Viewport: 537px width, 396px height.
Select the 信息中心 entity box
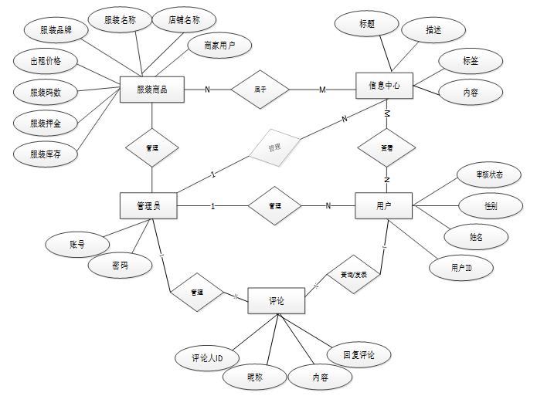[384, 86]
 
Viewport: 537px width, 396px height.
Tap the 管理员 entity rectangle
[150, 205]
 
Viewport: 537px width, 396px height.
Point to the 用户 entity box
[384, 206]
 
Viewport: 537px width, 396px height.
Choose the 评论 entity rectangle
[276, 301]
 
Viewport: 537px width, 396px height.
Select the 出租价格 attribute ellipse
[46, 61]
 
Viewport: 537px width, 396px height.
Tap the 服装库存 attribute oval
[46, 154]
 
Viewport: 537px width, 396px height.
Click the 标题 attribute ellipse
[367, 24]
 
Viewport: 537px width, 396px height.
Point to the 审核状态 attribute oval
[489, 175]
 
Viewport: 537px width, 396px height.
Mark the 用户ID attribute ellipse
[461, 267]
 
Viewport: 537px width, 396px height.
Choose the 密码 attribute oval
[120, 266]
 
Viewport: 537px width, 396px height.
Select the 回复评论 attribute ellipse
[359, 355]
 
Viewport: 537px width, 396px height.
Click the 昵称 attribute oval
[254, 377]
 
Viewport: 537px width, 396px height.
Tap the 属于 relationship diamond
[260, 90]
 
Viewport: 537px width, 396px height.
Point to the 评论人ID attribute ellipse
[208, 358]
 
